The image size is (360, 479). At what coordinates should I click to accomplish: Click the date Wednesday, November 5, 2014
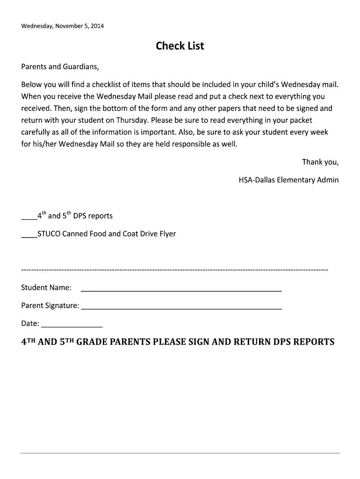click(63, 26)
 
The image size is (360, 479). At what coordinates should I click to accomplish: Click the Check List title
click(180, 46)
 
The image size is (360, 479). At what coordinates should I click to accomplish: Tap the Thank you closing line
click(320, 162)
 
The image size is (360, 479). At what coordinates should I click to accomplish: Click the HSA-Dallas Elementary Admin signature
click(288, 180)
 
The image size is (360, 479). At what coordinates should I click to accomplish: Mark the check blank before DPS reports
click(29, 217)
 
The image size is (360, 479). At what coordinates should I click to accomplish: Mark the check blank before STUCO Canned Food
click(29, 234)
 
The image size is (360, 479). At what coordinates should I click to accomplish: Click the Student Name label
click(46, 287)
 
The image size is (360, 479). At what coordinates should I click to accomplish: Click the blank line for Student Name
click(181, 290)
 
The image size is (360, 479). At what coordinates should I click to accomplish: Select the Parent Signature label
click(50, 305)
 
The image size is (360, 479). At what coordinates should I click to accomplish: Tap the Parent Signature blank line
click(181, 308)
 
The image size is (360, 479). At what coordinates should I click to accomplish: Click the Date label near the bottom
click(30, 323)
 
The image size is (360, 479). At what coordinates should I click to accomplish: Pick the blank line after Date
click(72, 326)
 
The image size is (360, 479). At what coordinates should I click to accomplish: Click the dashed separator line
click(175, 270)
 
